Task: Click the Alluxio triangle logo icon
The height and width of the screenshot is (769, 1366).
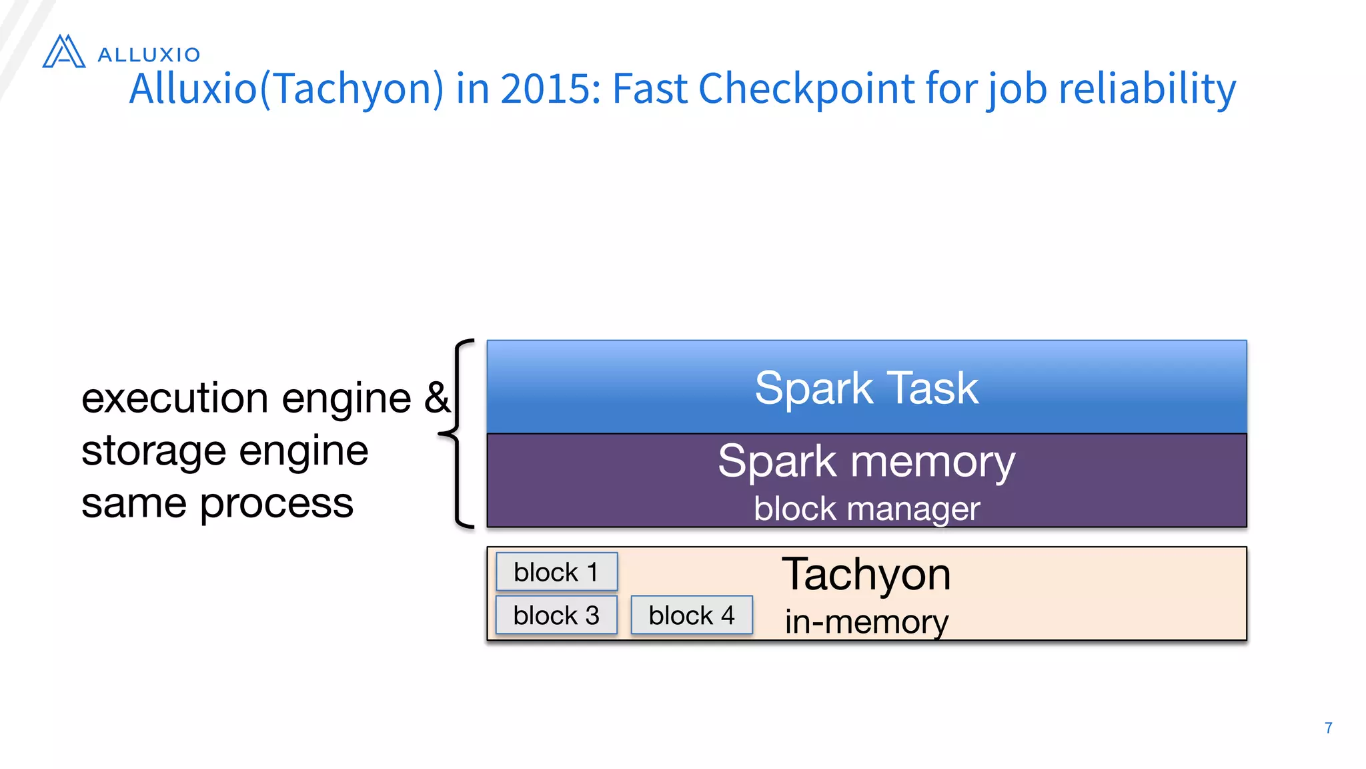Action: pyautogui.click(x=64, y=52)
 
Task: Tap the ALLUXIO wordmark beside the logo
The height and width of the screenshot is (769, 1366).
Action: pyautogui.click(x=149, y=55)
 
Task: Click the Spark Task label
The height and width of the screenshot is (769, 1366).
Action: pyautogui.click(x=866, y=388)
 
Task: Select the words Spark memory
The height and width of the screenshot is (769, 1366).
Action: pyautogui.click(x=866, y=461)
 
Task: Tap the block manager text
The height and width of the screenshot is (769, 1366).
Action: pyautogui.click(x=866, y=509)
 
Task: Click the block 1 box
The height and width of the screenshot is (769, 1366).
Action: pyautogui.click(x=556, y=572)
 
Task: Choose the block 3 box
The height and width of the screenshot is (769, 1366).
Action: pyautogui.click(x=556, y=615)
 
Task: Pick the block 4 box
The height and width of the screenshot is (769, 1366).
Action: pyautogui.click(x=692, y=615)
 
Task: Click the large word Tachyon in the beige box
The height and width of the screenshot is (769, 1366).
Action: pyautogui.click(x=866, y=574)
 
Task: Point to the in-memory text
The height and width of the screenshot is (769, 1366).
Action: pyautogui.click(x=866, y=622)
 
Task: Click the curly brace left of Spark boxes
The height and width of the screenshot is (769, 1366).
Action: pyautogui.click(x=458, y=434)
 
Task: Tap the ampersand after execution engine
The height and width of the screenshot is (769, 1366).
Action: pyautogui.click(x=438, y=398)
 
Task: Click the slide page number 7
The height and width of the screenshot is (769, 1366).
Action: pyautogui.click(x=1328, y=728)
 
